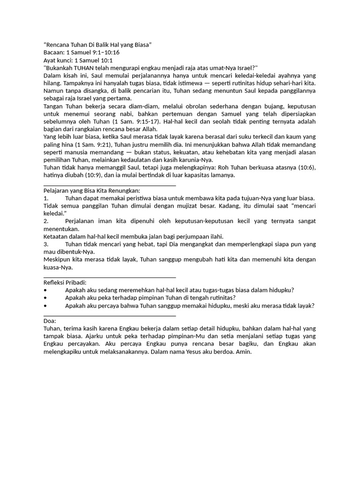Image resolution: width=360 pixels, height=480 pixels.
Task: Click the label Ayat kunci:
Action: tap(59, 60)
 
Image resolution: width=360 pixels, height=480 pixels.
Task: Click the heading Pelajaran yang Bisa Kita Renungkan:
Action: tap(91, 190)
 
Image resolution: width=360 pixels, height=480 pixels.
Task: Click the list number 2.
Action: tap(46, 221)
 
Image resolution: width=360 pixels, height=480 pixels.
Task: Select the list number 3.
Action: tap(46, 244)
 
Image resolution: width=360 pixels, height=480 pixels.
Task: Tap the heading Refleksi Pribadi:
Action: tap(65, 282)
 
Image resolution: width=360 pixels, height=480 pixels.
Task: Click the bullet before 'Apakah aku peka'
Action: tap(45, 298)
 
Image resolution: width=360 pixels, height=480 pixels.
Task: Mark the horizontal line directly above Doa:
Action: tap(109, 313)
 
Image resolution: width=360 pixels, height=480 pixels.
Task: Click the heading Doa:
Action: tap(50, 321)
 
